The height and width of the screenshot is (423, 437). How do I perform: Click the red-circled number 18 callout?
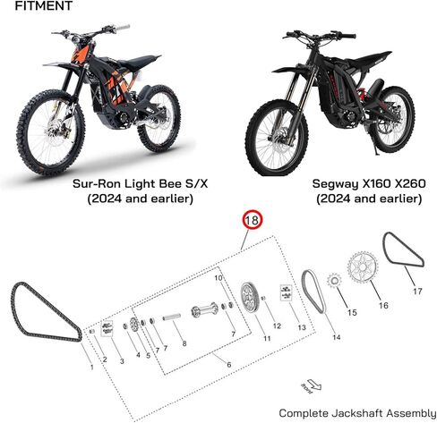pyautogui.click(x=253, y=220)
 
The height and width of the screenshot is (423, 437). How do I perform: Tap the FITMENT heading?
pyautogui.click(x=44, y=5)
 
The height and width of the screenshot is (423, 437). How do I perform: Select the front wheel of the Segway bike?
pyautogui.click(x=277, y=138)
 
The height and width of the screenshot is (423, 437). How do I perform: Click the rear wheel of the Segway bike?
pyautogui.click(x=392, y=119)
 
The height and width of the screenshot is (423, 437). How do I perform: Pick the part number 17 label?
pyautogui.click(x=417, y=291)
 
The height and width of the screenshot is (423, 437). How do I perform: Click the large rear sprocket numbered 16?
pyautogui.click(x=363, y=267)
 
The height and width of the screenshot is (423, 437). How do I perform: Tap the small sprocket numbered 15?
pyautogui.click(x=334, y=281)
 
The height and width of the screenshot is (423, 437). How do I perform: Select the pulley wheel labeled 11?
pyautogui.click(x=250, y=298)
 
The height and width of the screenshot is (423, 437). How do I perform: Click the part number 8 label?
pyautogui.click(x=184, y=343)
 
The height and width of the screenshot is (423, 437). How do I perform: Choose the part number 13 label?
pyautogui.click(x=302, y=327)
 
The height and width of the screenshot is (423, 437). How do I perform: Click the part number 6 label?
pyautogui.click(x=229, y=364)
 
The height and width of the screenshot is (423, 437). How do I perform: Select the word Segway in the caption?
pyautogui.click(x=336, y=184)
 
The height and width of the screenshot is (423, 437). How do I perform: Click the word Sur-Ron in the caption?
pyautogui.click(x=97, y=183)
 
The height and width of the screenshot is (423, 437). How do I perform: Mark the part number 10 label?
pyautogui.click(x=218, y=278)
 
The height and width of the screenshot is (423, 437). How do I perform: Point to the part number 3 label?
pyautogui.click(x=122, y=361)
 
